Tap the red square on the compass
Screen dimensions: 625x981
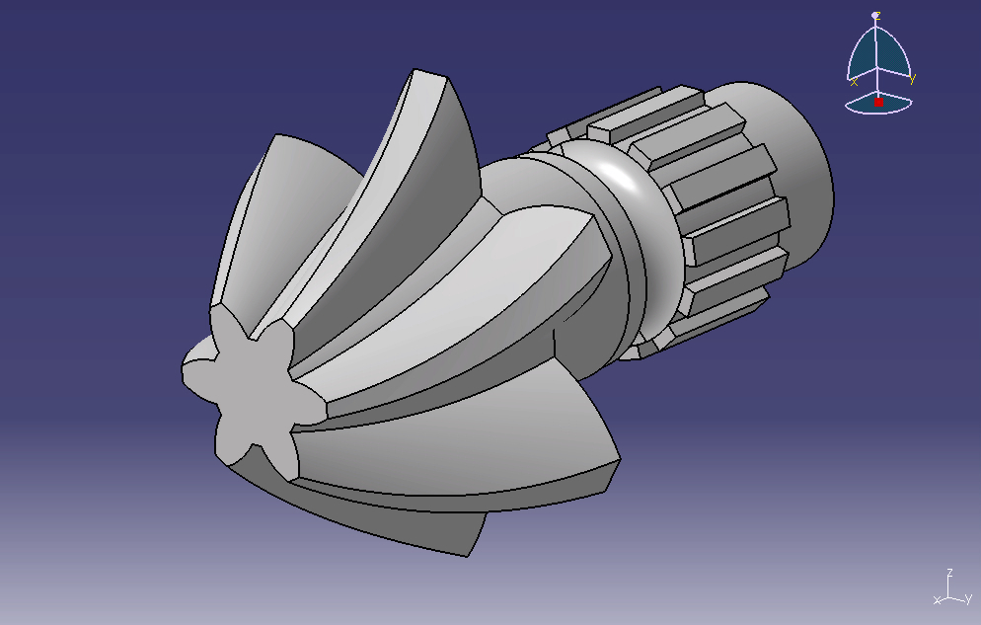(x=878, y=102)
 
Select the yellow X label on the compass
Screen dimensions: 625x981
(x=854, y=82)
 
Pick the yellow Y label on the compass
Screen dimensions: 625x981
(x=912, y=79)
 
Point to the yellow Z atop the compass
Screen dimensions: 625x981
(x=876, y=15)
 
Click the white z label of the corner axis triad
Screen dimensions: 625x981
(x=949, y=573)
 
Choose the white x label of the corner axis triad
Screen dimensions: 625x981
(x=937, y=600)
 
